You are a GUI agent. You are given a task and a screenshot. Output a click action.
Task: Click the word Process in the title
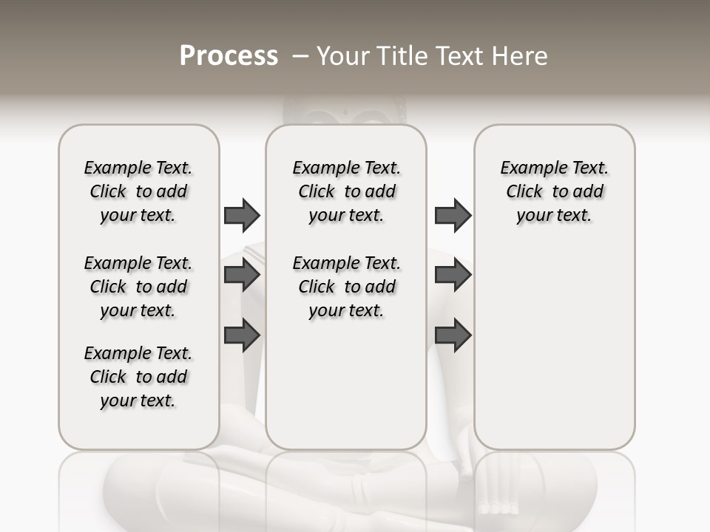pyautogui.click(x=229, y=56)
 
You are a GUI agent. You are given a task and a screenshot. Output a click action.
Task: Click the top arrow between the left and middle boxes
pyautogui.click(x=242, y=215)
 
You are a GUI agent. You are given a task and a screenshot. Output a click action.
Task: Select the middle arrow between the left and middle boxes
pyautogui.click(x=242, y=275)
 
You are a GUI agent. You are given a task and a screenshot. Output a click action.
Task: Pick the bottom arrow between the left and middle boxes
pyautogui.click(x=242, y=335)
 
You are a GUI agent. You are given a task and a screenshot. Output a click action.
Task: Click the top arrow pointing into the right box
pyautogui.click(x=453, y=215)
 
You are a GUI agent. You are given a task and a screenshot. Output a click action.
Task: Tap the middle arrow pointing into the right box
pyautogui.click(x=453, y=275)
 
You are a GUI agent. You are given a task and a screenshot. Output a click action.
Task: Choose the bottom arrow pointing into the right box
pyautogui.click(x=453, y=335)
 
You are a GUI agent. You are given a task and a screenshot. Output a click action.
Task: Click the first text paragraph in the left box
pyautogui.click(x=138, y=191)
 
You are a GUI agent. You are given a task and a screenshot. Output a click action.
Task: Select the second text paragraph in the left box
pyautogui.click(x=138, y=287)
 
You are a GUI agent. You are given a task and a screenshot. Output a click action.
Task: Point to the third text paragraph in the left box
pyautogui.click(x=138, y=377)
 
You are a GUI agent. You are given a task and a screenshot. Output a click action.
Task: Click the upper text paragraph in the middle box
pyautogui.click(x=346, y=191)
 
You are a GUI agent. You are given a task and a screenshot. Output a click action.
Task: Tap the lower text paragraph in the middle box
pyautogui.click(x=346, y=287)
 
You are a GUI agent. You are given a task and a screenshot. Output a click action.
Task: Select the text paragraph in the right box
pyautogui.click(x=554, y=191)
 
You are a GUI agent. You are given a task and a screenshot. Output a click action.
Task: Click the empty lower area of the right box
pyautogui.click(x=554, y=355)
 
